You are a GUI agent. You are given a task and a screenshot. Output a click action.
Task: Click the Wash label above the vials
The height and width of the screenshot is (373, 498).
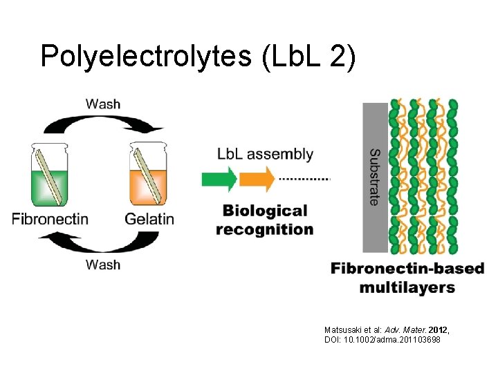pyautogui.click(x=103, y=104)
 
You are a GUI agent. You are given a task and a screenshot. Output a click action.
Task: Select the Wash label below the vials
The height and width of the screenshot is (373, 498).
pyautogui.click(x=103, y=265)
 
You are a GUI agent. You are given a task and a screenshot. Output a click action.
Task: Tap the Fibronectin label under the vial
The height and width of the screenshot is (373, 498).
pyautogui.click(x=50, y=219)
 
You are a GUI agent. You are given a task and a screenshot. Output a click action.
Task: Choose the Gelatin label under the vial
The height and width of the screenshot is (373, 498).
pyautogui.click(x=149, y=219)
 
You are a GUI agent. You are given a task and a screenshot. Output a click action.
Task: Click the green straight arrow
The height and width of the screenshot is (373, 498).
pyautogui.click(x=219, y=180)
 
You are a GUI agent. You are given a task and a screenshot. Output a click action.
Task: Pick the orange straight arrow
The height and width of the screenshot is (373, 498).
pyautogui.click(x=257, y=180)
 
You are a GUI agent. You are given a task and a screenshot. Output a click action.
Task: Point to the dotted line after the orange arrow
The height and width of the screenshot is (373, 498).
pyautogui.click(x=304, y=179)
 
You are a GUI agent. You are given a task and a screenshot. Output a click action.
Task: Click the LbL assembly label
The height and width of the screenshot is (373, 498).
pyautogui.click(x=265, y=155)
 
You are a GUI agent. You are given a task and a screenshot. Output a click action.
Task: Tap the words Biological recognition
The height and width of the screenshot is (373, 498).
pyautogui.click(x=264, y=220)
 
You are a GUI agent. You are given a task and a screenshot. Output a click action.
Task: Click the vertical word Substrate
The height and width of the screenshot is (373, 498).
pyautogui.click(x=374, y=177)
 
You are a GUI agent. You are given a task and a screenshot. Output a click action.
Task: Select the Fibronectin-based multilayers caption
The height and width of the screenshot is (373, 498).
pyautogui.click(x=407, y=278)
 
